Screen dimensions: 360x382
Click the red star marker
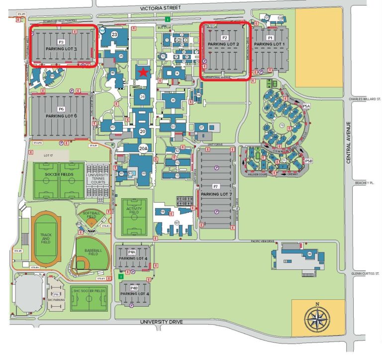click(143, 73)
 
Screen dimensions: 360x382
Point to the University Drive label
click(161, 322)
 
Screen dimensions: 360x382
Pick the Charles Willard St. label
click(365, 99)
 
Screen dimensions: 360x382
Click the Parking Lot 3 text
click(61, 49)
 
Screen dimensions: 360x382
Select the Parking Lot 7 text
click(216, 194)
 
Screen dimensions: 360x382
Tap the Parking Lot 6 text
click(61, 116)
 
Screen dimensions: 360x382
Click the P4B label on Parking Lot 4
click(134, 288)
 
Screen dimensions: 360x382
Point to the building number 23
click(114, 34)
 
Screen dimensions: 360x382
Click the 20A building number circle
click(143, 147)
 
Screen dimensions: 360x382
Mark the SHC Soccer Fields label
click(89, 291)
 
